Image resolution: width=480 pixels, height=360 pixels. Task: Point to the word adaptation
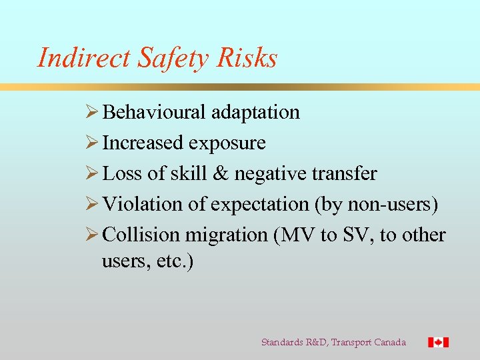255,112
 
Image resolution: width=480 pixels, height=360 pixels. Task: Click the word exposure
227,143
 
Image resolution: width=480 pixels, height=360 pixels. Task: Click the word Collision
141,235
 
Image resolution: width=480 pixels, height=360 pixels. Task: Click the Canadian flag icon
438,342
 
